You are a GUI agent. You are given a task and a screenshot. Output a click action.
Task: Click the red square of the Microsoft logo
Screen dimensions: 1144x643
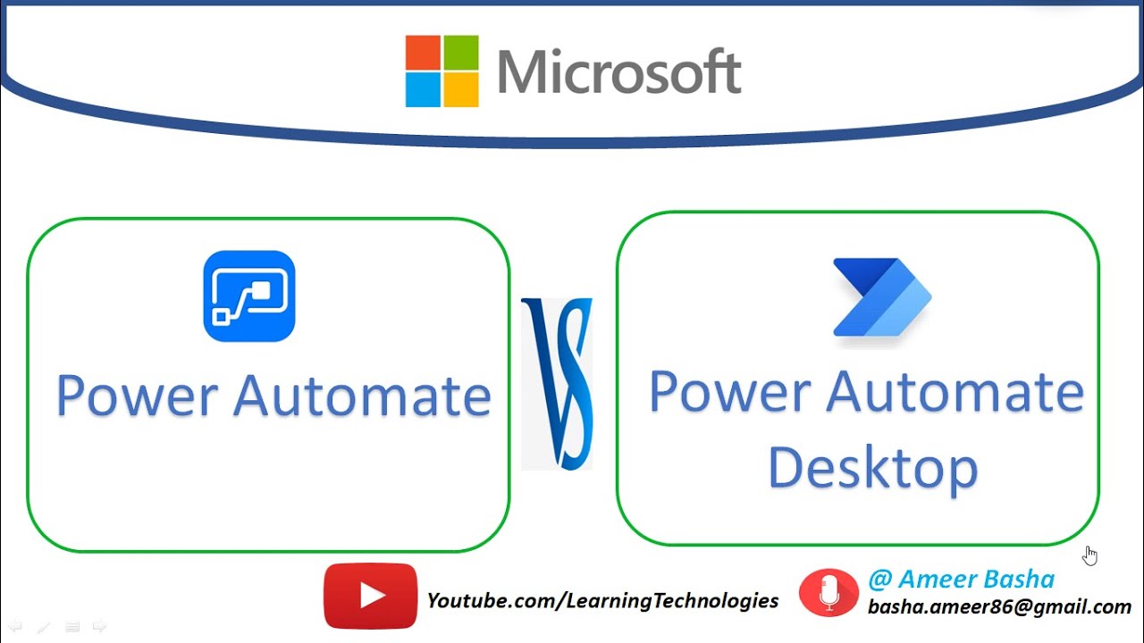[x=423, y=52]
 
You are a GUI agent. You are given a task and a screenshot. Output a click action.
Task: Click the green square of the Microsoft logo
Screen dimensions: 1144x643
[x=460, y=52]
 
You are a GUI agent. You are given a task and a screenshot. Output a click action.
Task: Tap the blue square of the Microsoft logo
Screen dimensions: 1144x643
[x=423, y=90]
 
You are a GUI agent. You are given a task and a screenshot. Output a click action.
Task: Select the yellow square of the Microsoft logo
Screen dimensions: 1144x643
[x=460, y=90]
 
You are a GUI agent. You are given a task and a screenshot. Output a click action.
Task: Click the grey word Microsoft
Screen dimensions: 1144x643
[x=619, y=71]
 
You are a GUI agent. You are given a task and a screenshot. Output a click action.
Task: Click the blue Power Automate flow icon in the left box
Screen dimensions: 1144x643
[x=249, y=296]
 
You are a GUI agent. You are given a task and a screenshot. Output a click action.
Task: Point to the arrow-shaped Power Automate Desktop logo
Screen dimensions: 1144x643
[x=882, y=297]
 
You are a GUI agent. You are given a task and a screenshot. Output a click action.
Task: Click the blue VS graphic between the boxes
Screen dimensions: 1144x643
[x=557, y=384]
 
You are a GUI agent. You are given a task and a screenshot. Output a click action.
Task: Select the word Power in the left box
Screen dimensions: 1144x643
[x=138, y=397]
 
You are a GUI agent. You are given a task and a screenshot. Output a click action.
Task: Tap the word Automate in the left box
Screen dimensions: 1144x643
[x=362, y=396]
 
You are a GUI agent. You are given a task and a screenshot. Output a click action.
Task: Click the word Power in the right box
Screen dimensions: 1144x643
[x=730, y=393]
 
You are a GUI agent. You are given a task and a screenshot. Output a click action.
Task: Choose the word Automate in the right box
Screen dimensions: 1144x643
[x=955, y=392]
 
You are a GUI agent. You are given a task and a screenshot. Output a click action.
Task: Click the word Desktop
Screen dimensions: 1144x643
[x=873, y=469]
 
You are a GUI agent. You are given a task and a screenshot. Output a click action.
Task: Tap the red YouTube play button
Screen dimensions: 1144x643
[x=370, y=596]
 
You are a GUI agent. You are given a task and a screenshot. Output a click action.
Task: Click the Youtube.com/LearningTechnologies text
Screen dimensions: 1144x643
[x=602, y=601]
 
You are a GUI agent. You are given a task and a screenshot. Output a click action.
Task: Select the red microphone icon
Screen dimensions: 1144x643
[x=829, y=592]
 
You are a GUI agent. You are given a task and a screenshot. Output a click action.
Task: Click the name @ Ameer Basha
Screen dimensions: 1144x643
[x=961, y=580]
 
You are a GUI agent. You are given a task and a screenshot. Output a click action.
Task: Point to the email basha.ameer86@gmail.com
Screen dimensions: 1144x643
[x=999, y=606]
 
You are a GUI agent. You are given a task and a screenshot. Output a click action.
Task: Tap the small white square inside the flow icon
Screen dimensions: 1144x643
[x=262, y=291]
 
